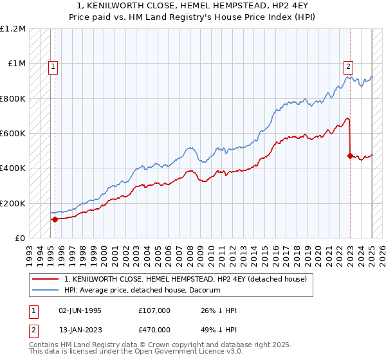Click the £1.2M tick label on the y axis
pyautogui.click(x=14, y=29)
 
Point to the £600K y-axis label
pyautogui.click(x=13, y=134)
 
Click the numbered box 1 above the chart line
pyautogui.click(x=52, y=65)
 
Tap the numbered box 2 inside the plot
pyautogui.click(x=348, y=65)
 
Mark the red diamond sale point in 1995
pyautogui.click(x=55, y=219)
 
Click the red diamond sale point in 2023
pyautogui.click(x=350, y=156)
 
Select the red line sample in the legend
pyautogui.click(x=44, y=279)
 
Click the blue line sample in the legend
pyautogui.click(x=44, y=291)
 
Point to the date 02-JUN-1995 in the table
pyautogui.click(x=80, y=310)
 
